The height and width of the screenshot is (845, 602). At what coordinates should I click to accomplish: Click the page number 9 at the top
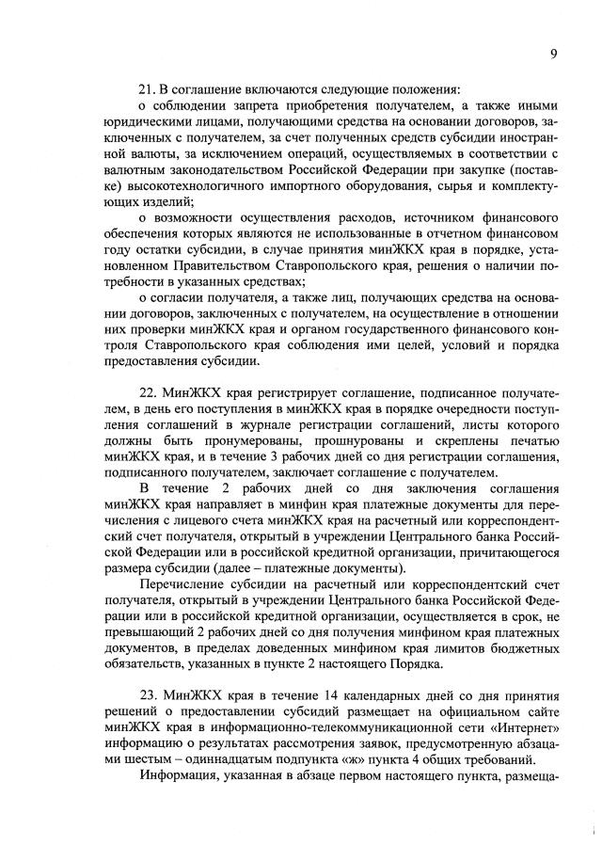click(554, 54)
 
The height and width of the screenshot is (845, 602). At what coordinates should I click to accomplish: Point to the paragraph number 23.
click(147, 694)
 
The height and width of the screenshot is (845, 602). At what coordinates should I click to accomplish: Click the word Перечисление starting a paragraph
click(184, 584)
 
